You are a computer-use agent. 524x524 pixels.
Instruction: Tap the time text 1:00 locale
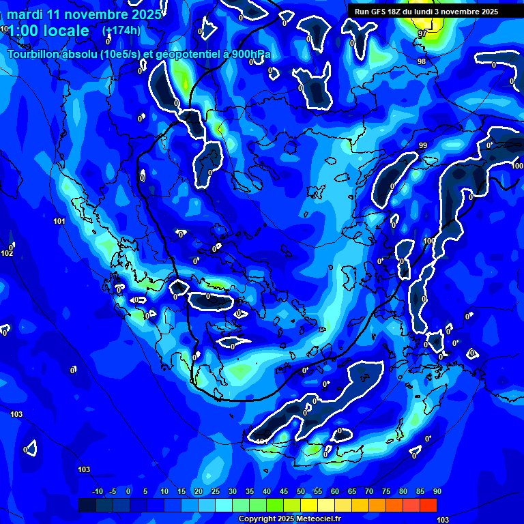coord(48,31)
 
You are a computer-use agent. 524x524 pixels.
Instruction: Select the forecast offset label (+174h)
coord(121,31)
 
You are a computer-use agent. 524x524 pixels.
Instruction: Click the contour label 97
coord(422,33)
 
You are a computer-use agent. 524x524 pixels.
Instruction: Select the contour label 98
coord(422,62)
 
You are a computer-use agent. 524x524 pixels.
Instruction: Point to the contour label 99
coord(423,146)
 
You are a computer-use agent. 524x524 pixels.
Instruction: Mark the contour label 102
coord(7,254)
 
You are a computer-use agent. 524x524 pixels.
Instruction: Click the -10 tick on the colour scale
coord(97,492)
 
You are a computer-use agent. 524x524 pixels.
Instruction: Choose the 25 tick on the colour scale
coord(215,492)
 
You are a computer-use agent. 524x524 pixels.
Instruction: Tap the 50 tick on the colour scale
coord(301,492)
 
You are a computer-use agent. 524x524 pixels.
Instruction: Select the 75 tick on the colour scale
coord(386,492)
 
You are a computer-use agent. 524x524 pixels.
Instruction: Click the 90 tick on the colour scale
coord(437,492)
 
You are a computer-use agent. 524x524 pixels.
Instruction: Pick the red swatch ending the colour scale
coord(428,505)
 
